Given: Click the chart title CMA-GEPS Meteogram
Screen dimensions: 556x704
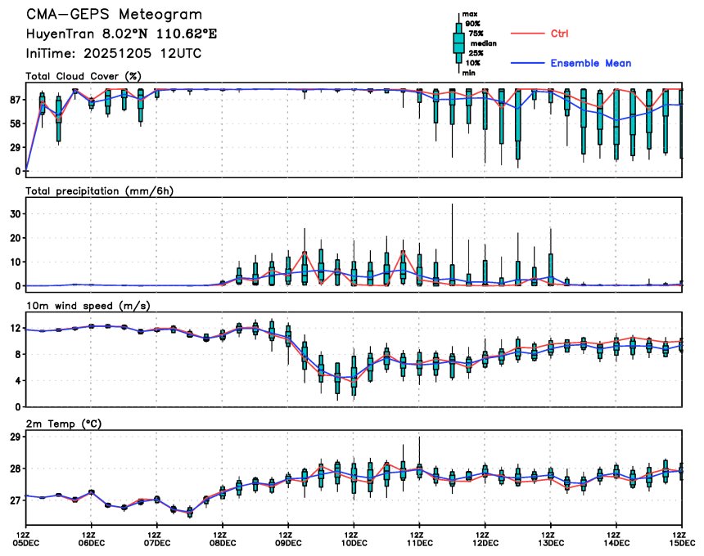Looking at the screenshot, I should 114,15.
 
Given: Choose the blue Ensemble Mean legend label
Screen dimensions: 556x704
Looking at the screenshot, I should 590,63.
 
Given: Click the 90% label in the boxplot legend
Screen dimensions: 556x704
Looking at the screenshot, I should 473,24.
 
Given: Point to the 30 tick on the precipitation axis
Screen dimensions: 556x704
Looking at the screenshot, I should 15,213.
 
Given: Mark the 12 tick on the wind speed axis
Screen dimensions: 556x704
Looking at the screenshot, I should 15,328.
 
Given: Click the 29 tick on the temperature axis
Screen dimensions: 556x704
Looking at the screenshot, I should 15,437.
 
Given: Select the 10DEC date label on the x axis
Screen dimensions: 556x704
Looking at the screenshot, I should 354,541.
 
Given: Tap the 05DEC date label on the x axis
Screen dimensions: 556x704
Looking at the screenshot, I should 26,541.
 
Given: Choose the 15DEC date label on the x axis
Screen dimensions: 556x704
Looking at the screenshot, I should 681,541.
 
